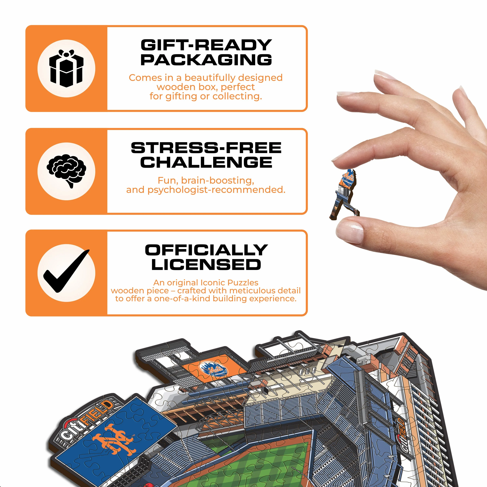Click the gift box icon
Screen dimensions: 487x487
pos(66,68)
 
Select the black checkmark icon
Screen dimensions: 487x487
pos(66,271)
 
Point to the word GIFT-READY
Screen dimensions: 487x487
pos(206,45)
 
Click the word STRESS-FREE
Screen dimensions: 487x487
pos(206,148)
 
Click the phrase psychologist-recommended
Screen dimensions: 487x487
pos(216,190)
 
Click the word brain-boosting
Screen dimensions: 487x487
pos(218,181)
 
